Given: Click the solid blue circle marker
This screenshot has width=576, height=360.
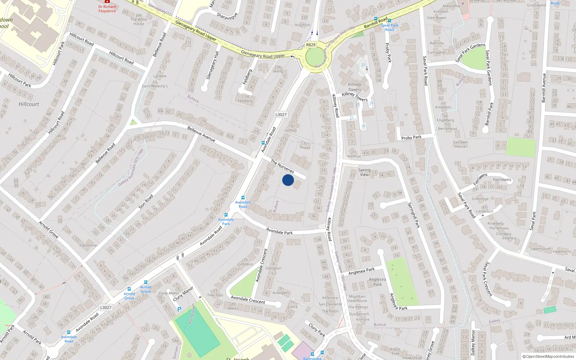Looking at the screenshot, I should [x=288, y=180].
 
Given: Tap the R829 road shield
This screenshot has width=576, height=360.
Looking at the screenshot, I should [x=310, y=45].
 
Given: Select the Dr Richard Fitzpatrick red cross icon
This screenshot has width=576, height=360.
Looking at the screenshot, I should [x=107, y=2].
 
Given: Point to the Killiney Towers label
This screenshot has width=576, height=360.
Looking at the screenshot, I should [x=354, y=87].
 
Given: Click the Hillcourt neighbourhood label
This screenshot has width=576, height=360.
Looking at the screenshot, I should [x=29, y=104].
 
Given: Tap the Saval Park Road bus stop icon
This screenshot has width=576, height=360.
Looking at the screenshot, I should [x=390, y=21].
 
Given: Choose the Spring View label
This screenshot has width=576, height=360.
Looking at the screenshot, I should [x=364, y=172].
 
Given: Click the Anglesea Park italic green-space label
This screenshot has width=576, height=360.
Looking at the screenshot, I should [x=377, y=282].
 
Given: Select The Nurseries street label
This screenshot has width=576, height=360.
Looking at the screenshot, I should [x=283, y=167].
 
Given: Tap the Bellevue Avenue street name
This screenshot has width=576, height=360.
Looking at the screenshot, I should [x=201, y=134].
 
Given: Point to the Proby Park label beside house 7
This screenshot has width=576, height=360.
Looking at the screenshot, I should [x=411, y=138].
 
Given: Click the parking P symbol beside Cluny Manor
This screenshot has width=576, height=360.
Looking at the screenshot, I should [x=179, y=309].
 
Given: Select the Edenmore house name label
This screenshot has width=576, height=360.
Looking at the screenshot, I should [x=88, y=245].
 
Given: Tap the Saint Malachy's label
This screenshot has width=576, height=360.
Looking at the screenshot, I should [x=155, y=86].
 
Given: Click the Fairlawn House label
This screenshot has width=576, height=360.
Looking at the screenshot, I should [x=460, y=144].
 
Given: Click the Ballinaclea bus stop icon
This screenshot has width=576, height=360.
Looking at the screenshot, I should [x=312, y=354].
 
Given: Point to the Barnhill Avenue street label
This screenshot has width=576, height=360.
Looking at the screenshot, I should [x=544, y=88].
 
